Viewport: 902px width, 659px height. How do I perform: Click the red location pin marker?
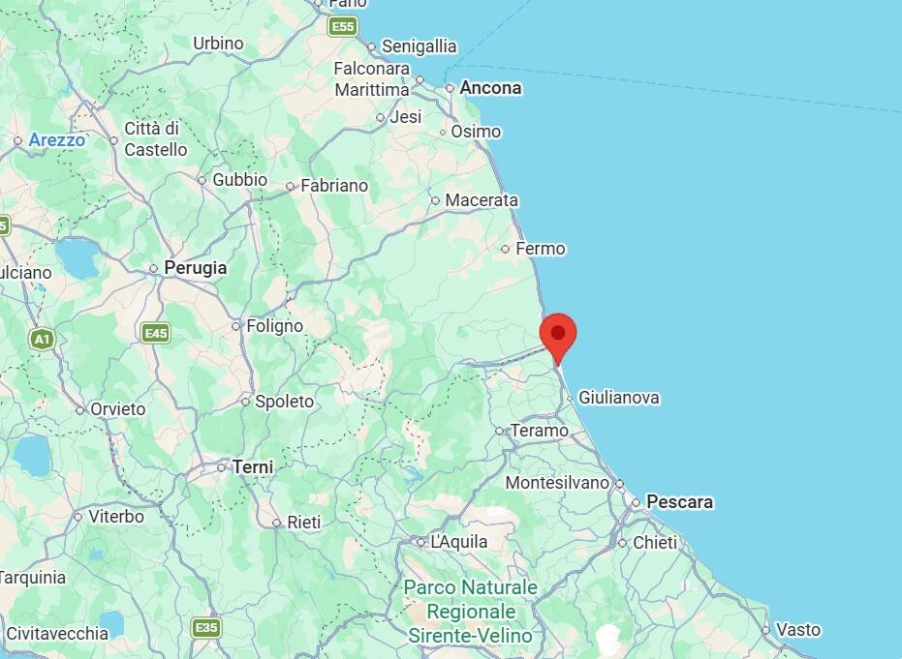click(x=557, y=335)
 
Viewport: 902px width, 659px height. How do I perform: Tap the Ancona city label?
click(x=490, y=88)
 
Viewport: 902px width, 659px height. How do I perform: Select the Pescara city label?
click(x=679, y=502)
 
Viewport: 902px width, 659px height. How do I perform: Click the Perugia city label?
click(x=196, y=268)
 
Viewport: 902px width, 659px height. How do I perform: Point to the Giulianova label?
click(x=619, y=398)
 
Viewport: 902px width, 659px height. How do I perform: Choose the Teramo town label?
click(x=539, y=431)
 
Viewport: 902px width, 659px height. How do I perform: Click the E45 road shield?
click(x=155, y=333)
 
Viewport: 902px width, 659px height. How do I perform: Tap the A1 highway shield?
click(x=41, y=339)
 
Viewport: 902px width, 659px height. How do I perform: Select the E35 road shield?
click(x=205, y=627)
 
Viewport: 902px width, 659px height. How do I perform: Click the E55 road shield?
click(x=343, y=27)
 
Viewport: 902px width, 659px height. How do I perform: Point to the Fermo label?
click(x=540, y=249)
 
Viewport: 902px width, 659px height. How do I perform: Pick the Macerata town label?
click(x=482, y=200)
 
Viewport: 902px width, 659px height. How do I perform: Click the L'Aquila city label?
click(x=459, y=542)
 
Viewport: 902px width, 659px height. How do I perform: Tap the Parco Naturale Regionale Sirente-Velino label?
click(x=471, y=612)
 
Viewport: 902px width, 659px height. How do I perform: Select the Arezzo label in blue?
click(x=57, y=140)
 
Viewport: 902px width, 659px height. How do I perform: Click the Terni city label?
click(x=253, y=467)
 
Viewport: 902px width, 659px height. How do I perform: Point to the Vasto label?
click(x=798, y=630)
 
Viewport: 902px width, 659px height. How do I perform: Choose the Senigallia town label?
click(x=419, y=46)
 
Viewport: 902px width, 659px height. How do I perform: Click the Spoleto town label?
click(x=284, y=402)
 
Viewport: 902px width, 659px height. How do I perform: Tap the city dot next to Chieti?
click(x=623, y=543)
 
